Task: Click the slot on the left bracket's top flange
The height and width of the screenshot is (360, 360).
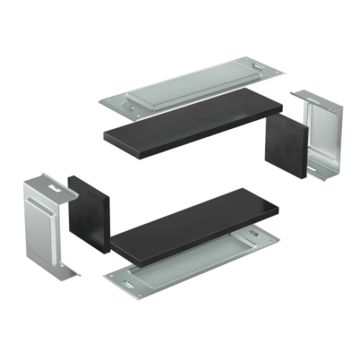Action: [53, 186]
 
